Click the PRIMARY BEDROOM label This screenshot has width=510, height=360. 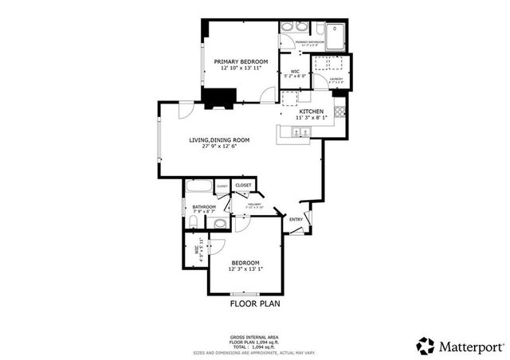point(240,61)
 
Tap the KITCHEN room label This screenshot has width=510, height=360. point(311,112)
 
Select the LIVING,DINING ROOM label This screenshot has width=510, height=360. point(219,140)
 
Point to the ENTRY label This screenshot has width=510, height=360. point(296,219)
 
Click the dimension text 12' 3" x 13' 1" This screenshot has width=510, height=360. point(245,269)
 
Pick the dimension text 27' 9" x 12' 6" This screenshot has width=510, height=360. point(219,147)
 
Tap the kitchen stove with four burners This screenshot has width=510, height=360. point(340,112)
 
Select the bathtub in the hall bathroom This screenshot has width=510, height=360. point(199,189)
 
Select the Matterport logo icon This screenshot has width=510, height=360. point(426,345)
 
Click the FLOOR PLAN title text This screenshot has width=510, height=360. point(255,303)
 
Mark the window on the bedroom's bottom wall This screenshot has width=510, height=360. point(245,294)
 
